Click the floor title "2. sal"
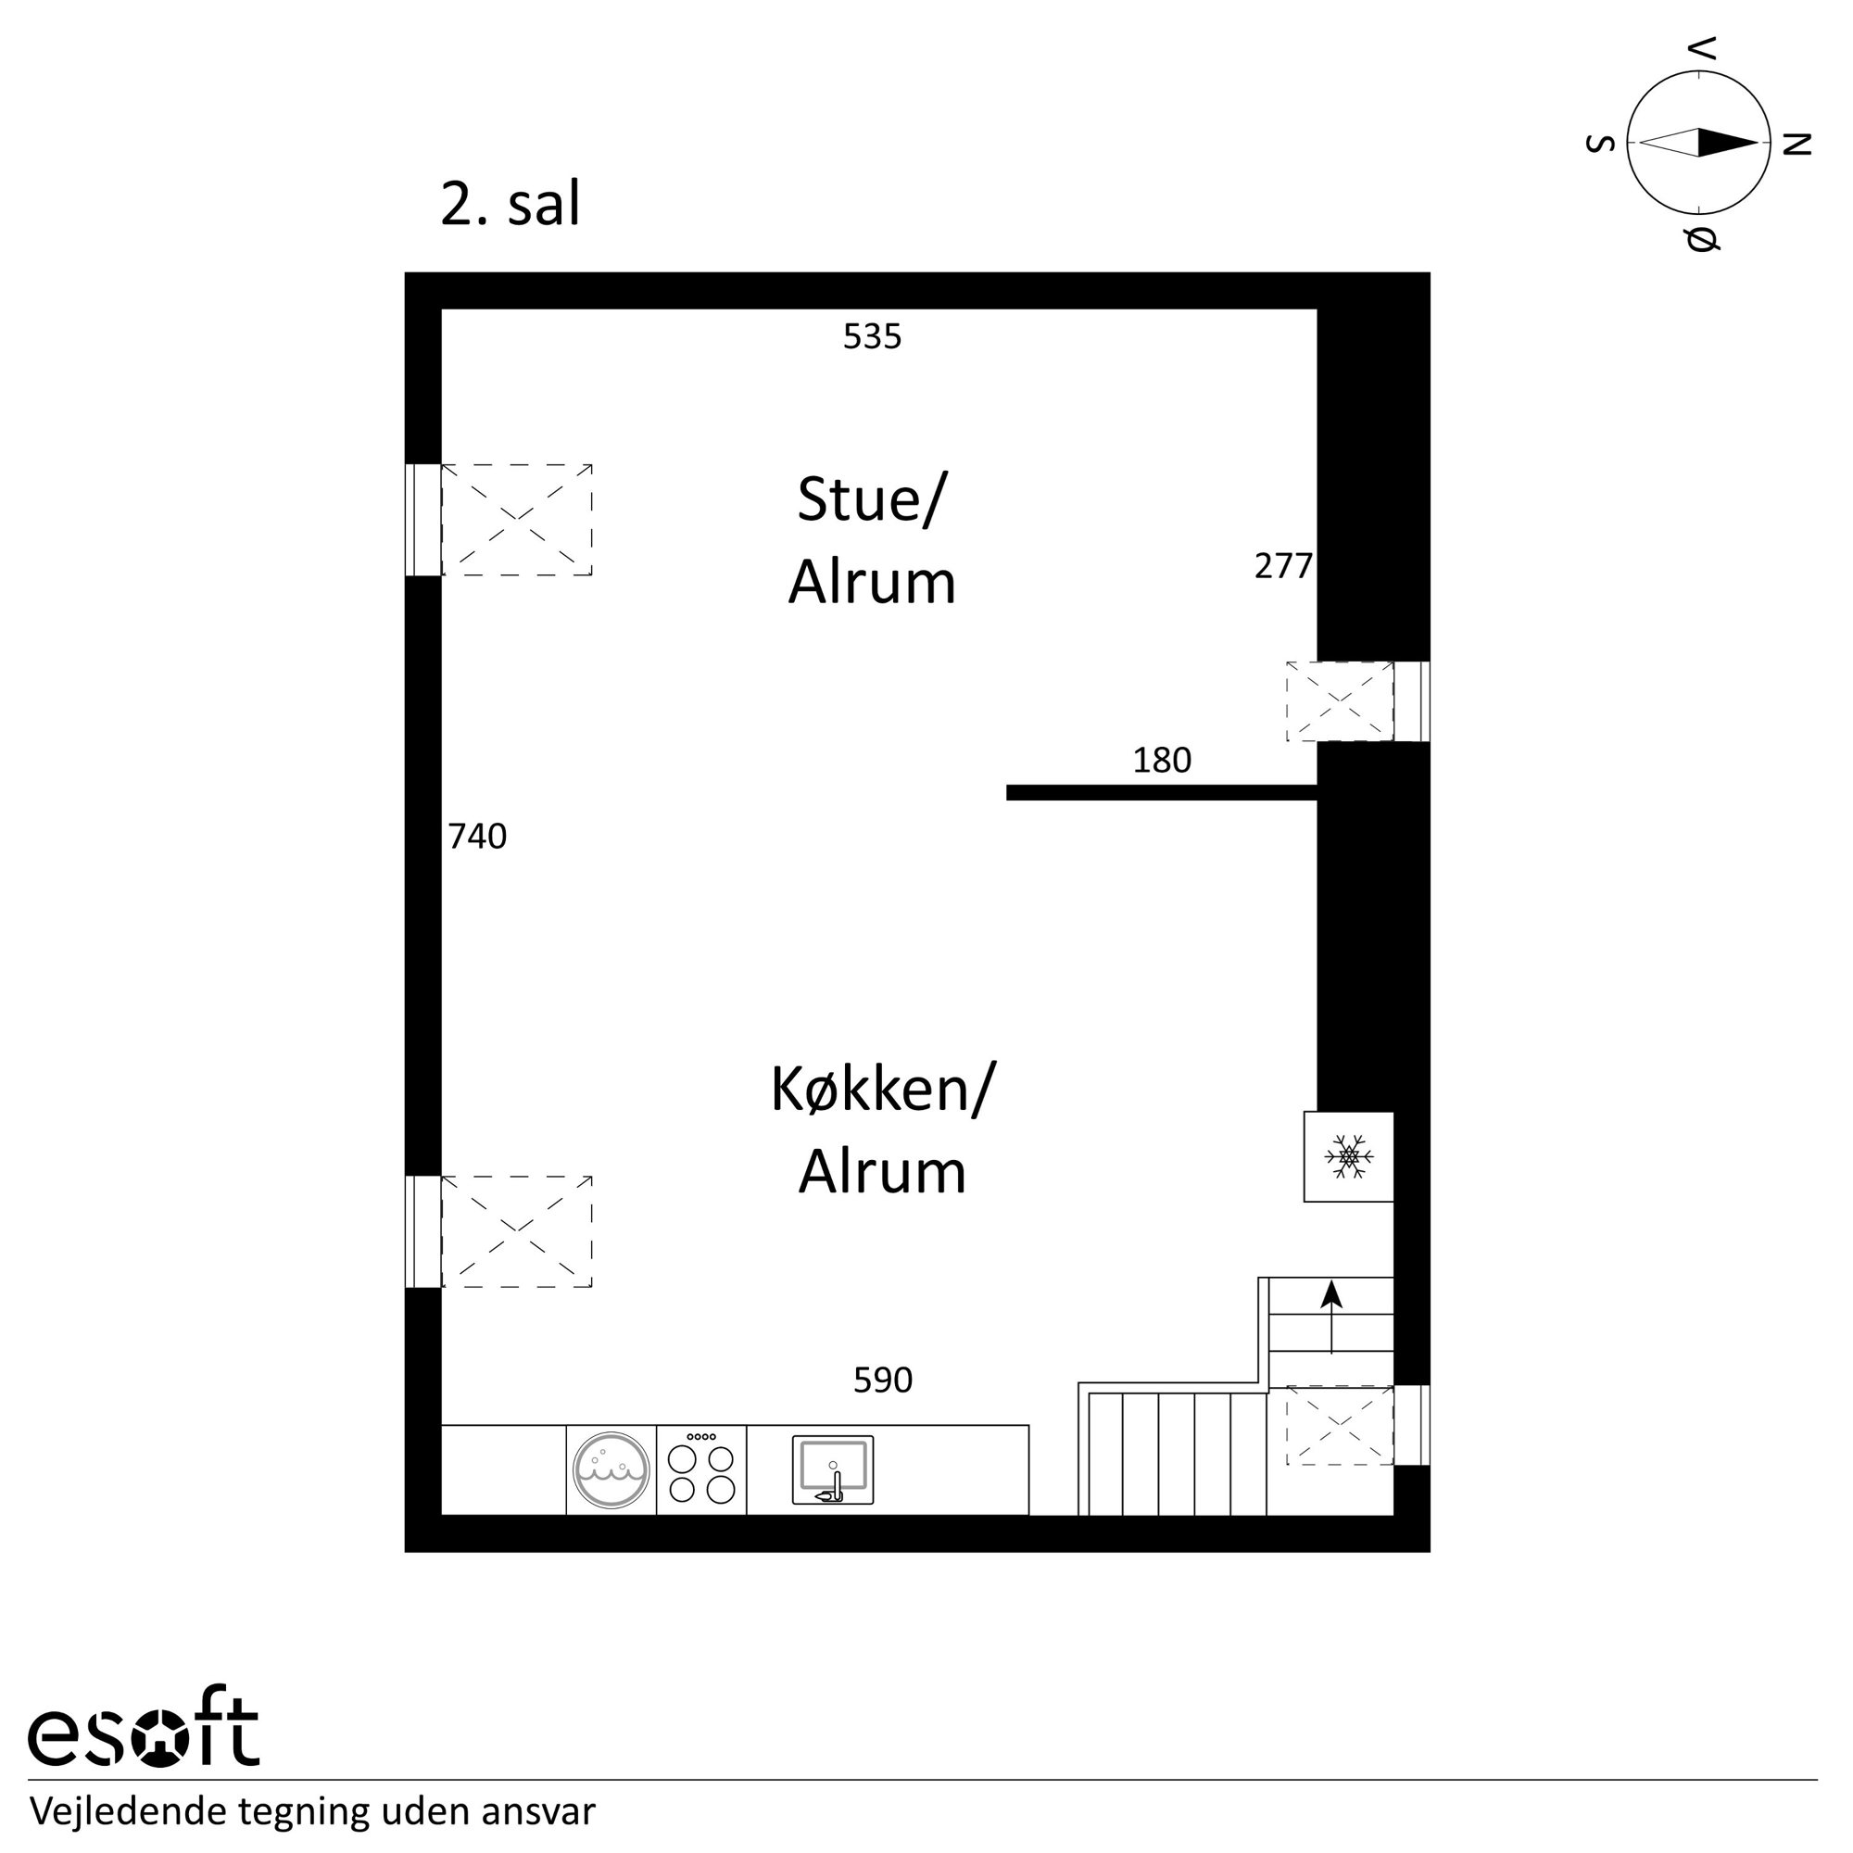511,204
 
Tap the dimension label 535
872,336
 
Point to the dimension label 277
1283,567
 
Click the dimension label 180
1162,761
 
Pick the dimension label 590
882,1380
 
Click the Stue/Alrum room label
872,541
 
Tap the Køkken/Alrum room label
882,1129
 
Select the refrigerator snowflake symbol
1348,1156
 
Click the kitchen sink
833,1469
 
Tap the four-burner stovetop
701,1469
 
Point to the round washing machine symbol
611,1469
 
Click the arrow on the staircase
1331,1317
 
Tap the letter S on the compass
1601,144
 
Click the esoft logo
144,1737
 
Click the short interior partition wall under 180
1162,792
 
